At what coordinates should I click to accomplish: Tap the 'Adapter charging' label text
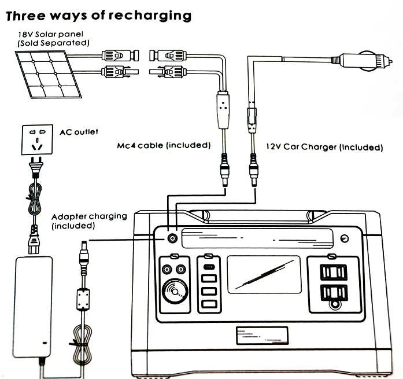(x=89, y=216)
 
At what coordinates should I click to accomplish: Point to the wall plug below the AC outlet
(x=36, y=167)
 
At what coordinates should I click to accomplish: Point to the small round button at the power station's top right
(x=345, y=238)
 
